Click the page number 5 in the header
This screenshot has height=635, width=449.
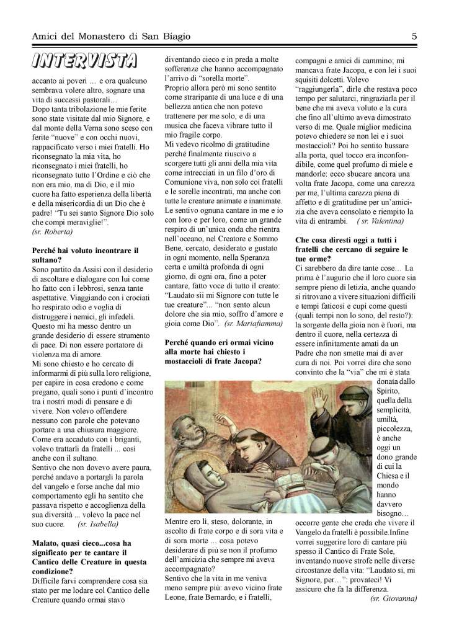point(414,37)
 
